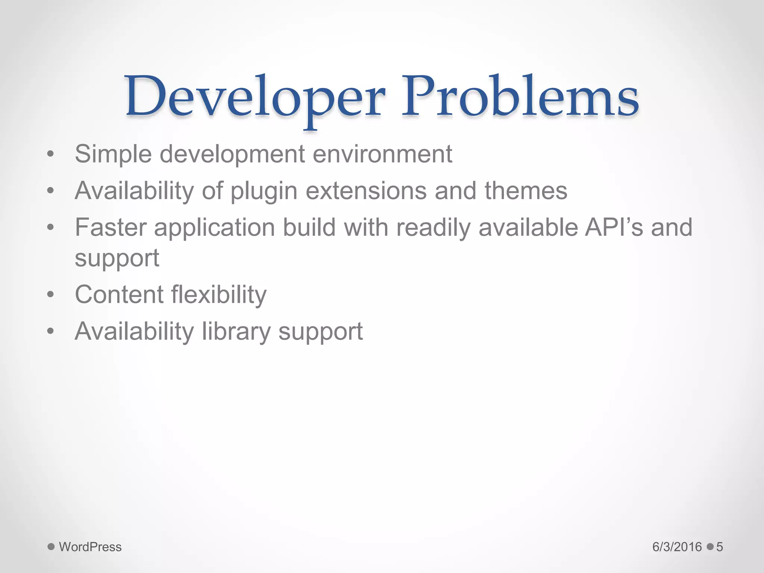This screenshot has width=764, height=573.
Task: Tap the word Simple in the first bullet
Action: [x=113, y=154]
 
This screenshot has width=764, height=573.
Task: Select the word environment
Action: [x=382, y=154]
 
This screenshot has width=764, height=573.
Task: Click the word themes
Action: [x=526, y=191]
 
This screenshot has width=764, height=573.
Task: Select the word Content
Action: [x=119, y=294]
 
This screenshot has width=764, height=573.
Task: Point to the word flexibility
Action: [x=219, y=295]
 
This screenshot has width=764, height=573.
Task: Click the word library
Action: [x=236, y=332]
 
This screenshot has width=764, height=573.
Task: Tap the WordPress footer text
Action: [x=90, y=547]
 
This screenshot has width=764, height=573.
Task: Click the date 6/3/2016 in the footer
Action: [x=677, y=547]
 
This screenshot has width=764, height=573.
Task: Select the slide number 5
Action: [x=720, y=547]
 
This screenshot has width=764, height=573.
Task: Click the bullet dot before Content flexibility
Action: [x=51, y=295]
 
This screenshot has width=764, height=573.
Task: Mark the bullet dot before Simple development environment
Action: [x=51, y=154]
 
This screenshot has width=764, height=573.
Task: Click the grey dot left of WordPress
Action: [x=51, y=547]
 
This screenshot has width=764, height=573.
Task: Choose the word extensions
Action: [x=366, y=191]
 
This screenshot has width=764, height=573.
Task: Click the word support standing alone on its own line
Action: [x=117, y=258]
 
